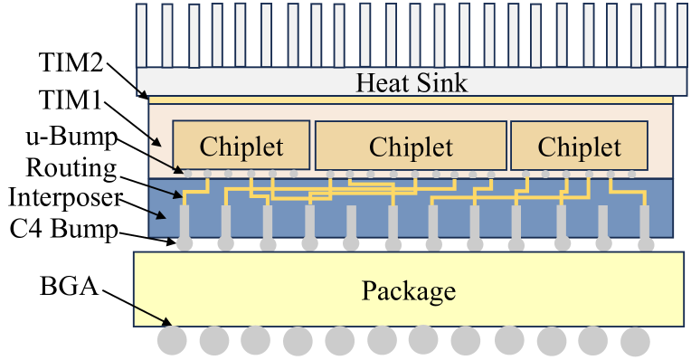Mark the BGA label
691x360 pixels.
click(x=69, y=288)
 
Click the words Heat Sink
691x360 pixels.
click(x=412, y=83)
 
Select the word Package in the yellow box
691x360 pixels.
click(x=409, y=291)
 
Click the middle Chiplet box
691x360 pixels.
click(x=411, y=146)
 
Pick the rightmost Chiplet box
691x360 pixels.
click(x=580, y=146)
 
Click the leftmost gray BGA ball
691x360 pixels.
click(x=172, y=340)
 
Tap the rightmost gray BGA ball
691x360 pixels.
click(x=635, y=340)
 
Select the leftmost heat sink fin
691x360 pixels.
click(x=141, y=34)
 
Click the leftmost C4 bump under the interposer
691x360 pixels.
click(x=185, y=243)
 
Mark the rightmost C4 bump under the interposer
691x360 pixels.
click(x=644, y=243)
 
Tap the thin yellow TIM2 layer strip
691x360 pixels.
click(x=411, y=99)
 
